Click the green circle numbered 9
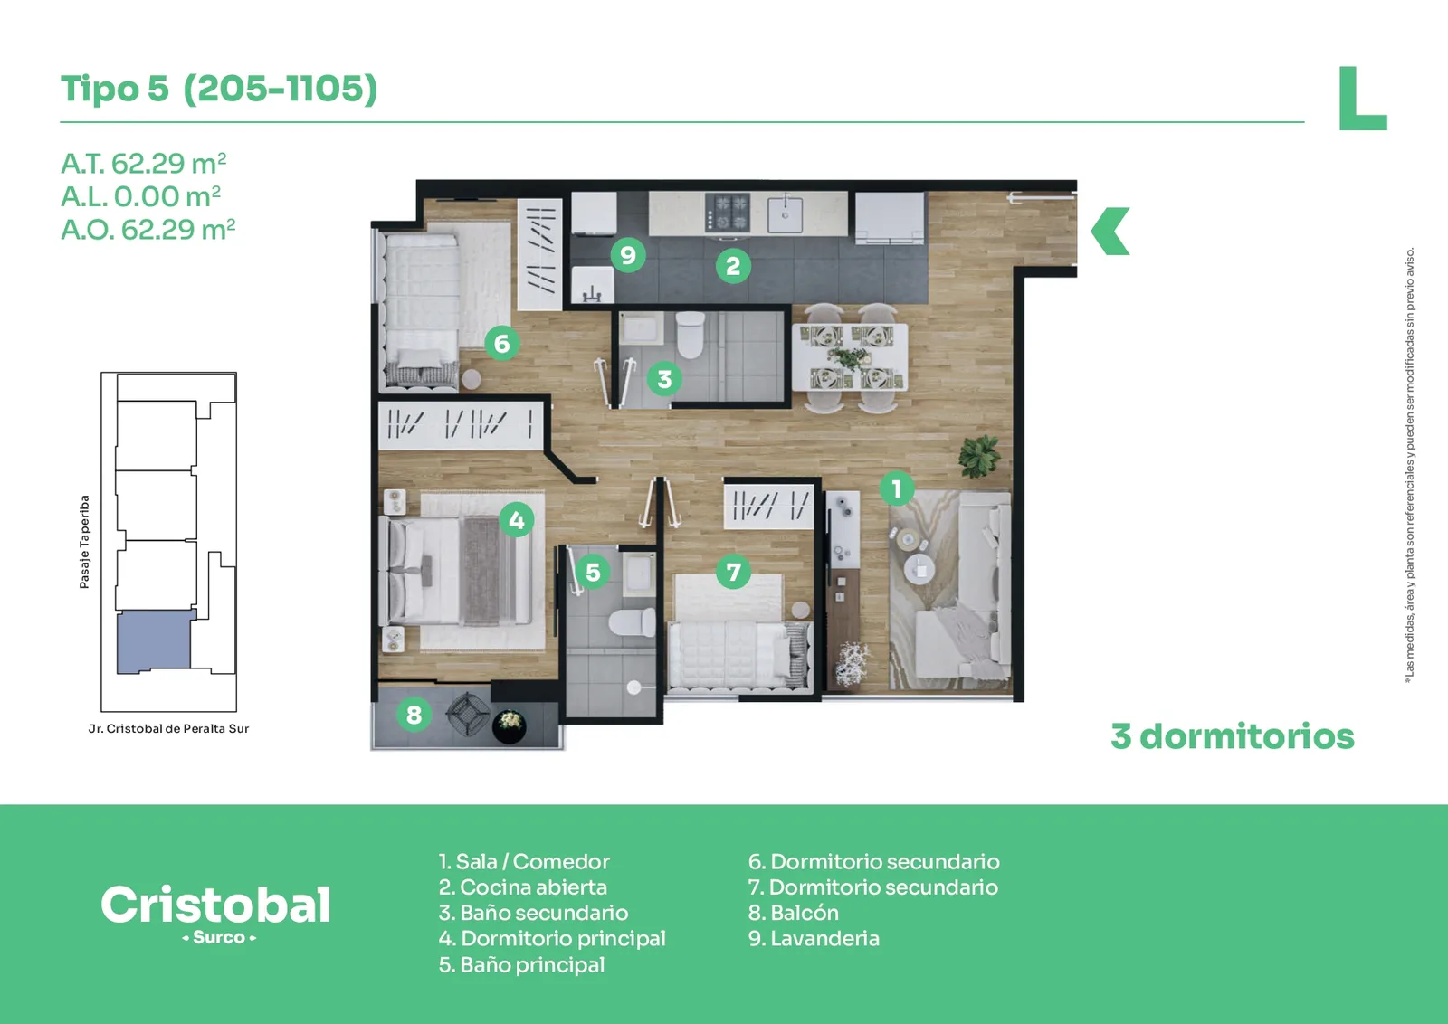(628, 255)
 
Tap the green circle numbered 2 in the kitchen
(733, 266)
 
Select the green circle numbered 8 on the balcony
(414, 714)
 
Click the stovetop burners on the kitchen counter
(728, 213)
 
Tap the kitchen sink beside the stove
(785, 214)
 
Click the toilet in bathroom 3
(691, 334)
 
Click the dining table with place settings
(850, 356)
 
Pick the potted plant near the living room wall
(980, 455)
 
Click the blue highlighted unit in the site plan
(155, 641)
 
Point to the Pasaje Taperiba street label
(84, 542)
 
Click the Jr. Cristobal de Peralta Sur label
(168, 729)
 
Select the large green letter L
(1362, 99)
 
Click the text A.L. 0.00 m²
(141, 197)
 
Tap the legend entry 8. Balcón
(793, 913)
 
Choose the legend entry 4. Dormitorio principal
(552, 939)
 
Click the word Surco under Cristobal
(218, 937)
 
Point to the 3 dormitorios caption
(1233, 736)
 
